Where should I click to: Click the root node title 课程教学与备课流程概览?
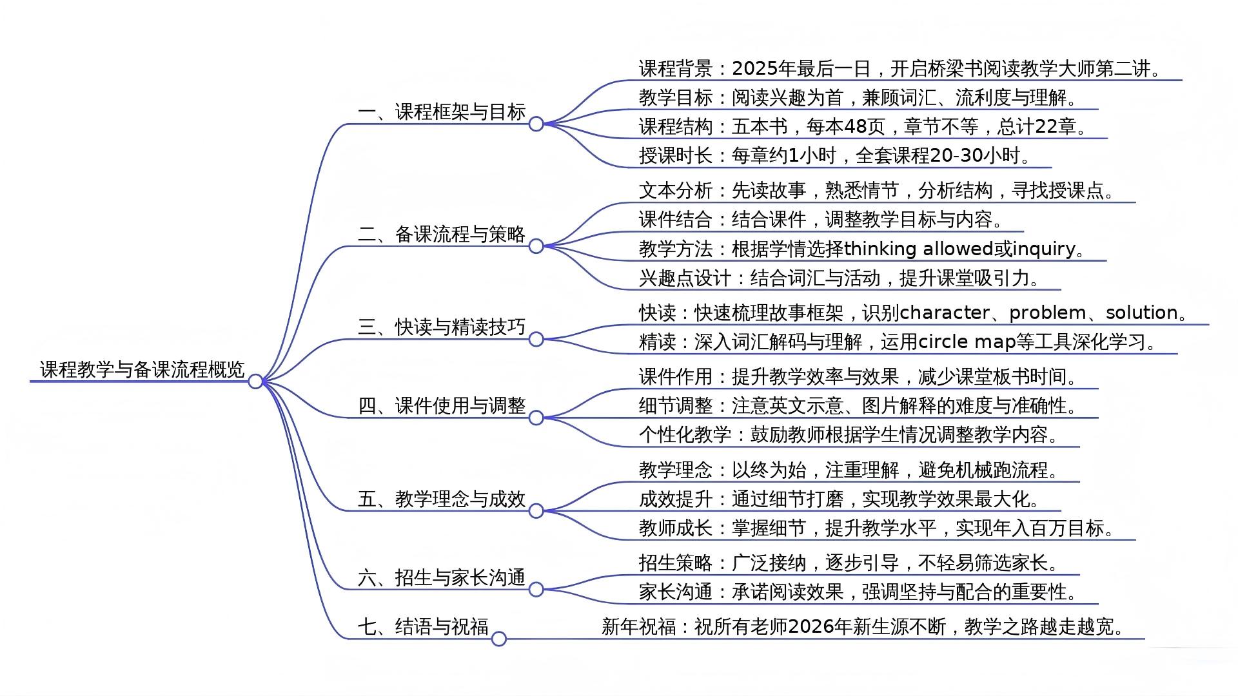[x=142, y=369]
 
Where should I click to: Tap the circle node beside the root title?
[x=255, y=382]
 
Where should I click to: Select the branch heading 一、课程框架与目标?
[x=442, y=112]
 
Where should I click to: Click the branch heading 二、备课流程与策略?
[x=442, y=234]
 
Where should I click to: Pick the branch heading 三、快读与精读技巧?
[x=442, y=327]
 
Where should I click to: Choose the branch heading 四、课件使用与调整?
[x=442, y=406]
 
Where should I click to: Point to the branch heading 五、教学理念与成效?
[x=442, y=499]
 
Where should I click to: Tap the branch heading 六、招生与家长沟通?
[x=442, y=577]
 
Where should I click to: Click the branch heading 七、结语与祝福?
[x=423, y=626]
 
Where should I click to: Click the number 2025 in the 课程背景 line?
[x=755, y=68]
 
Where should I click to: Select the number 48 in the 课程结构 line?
[x=855, y=126]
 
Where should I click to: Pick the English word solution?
[x=1142, y=313]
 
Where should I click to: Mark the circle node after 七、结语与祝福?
[x=498, y=639]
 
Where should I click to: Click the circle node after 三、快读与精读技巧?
[x=536, y=339]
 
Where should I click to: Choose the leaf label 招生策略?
[x=675, y=563]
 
